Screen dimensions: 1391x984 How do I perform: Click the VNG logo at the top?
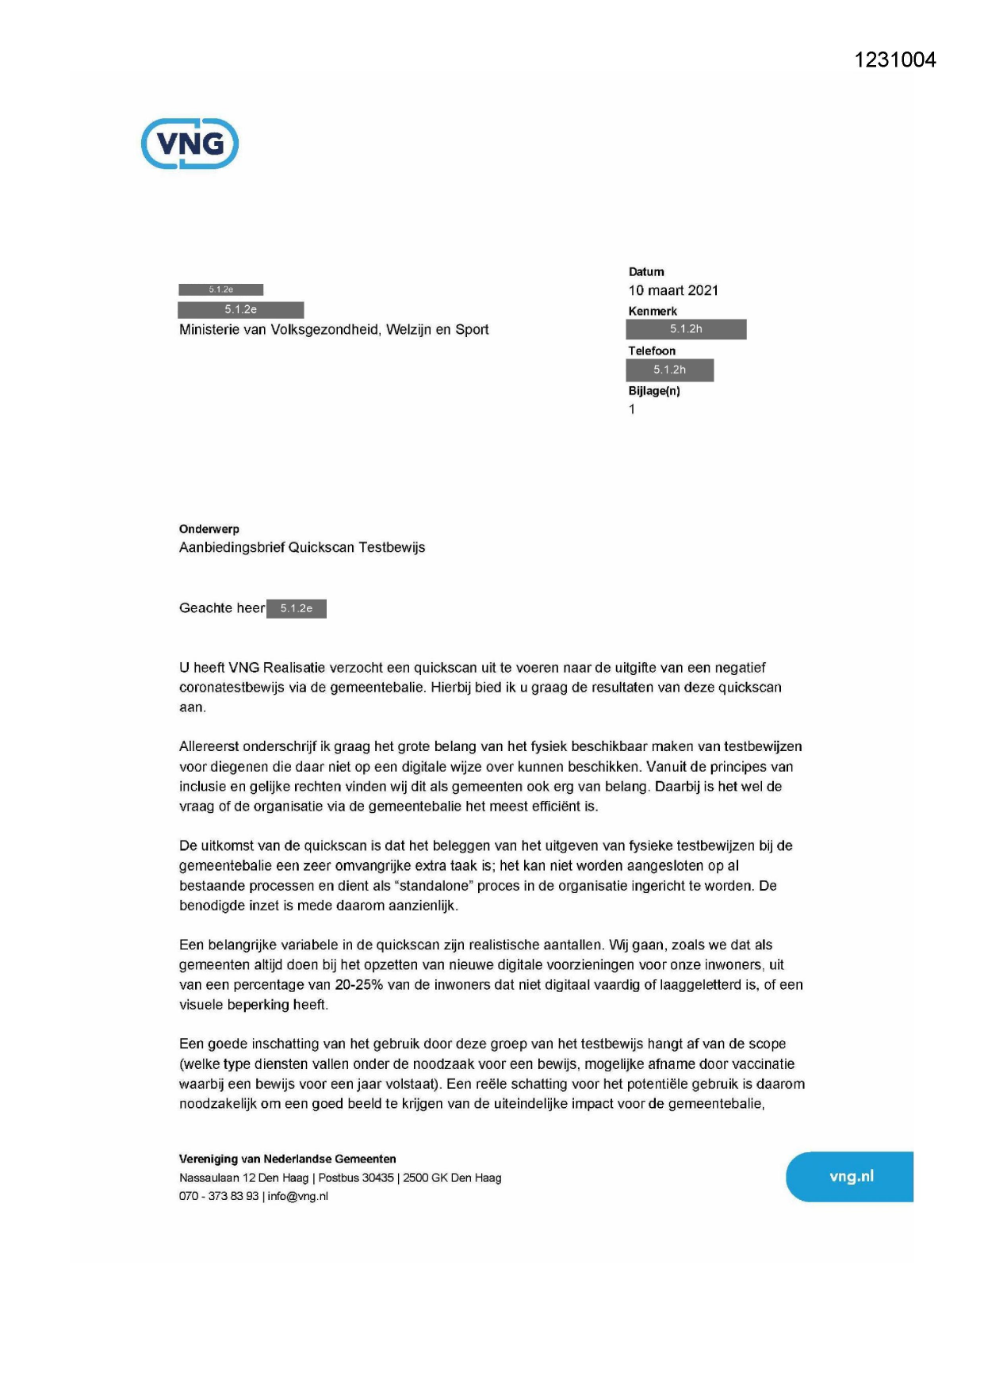pos(190,144)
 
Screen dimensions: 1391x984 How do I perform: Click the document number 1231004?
pos(894,60)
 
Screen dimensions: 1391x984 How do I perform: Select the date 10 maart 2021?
pos(673,290)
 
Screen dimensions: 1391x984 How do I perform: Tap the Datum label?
pos(646,272)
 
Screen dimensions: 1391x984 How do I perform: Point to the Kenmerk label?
pos(653,312)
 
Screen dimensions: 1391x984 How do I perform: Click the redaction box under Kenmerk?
pos(686,329)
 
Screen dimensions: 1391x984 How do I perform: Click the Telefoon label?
pos(652,351)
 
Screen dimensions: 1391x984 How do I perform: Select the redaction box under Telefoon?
pos(669,370)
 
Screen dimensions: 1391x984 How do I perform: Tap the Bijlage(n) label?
pos(654,391)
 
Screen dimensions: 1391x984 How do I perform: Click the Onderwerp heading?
pos(209,529)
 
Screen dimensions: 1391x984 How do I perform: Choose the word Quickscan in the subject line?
pos(321,548)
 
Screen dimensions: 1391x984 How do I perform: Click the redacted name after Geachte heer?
pos(297,608)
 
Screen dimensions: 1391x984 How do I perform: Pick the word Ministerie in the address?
pos(210,330)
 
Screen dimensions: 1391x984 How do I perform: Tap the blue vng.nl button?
pos(850,1177)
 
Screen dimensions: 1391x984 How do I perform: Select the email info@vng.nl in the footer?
pos(298,1197)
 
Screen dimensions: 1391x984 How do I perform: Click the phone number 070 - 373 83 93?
pos(219,1197)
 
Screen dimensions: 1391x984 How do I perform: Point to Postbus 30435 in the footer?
pos(356,1178)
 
